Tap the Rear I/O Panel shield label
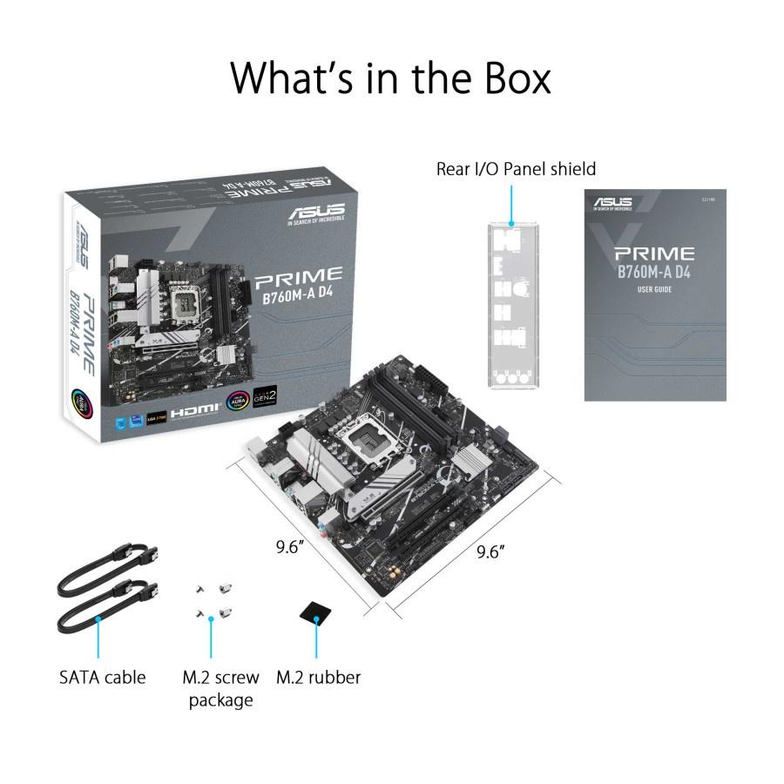[x=516, y=168]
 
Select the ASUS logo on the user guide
[x=613, y=204]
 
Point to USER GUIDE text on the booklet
[x=654, y=289]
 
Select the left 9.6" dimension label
[x=288, y=548]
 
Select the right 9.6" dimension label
[x=491, y=552]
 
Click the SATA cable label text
[x=103, y=677]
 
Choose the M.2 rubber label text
[x=318, y=677]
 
